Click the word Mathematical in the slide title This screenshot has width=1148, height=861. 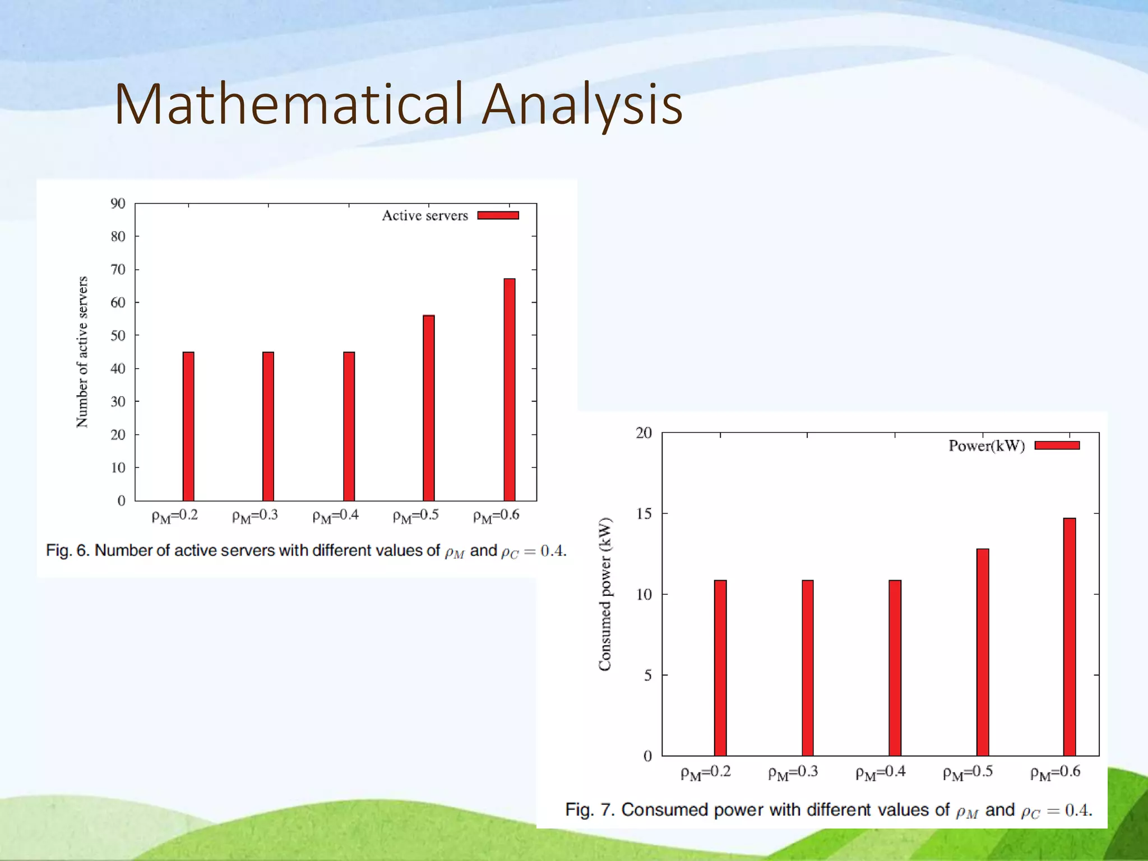pyautogui.click(x=289, y=104)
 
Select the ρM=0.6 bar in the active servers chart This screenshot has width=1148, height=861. pyautogui.click(x=509, y=390)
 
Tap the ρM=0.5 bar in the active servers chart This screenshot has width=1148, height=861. pyautogui.click(x=428, y=408)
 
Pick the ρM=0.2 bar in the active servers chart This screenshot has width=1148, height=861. pyautogui.click(x=188, y=426)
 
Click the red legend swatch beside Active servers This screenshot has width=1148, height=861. pyautogui.click(x=498, y=215)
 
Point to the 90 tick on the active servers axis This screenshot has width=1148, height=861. pyautogui.click(x=118, y=203)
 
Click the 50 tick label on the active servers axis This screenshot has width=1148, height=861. pyautogui.click(x=118, y=336)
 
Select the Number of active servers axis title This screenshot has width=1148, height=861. pyautogui.click(x=82, y=352)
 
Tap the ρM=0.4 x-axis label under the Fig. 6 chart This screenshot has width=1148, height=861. pyautogui.click(x=335, y=516)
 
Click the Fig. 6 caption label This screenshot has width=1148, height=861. pyautogui.click(x=68, y=550)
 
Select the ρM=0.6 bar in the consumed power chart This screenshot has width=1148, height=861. pyautogui.click(x=1069, y=637)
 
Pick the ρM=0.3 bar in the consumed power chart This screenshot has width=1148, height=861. pyautogui.click(x=807, y=668)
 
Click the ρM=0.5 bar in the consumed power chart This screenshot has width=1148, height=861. pyautogui.click(x=982, y=652)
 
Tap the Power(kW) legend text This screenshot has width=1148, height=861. pyautogui.click(x=986, y=446)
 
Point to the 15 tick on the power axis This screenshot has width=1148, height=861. pyautogui.click(x=644, y=514)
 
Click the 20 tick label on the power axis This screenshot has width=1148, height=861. pyautogui.click(x=644, y=433)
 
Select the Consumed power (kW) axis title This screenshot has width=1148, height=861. pyautogui.click(x=605, y=594)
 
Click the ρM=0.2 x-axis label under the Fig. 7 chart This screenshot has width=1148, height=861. pyautogui.click(x=705, y=772)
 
